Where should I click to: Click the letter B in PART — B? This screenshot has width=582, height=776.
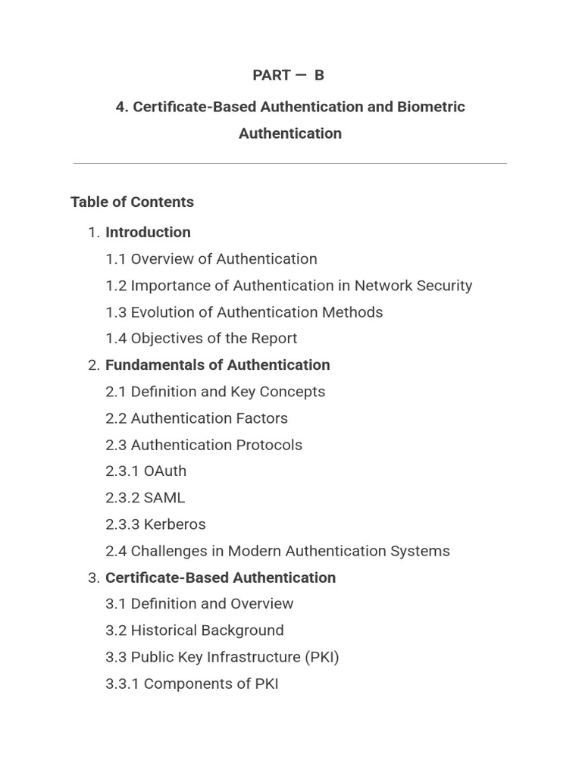click(x=319, y=75)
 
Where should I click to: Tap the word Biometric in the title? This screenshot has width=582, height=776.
click(x=430, y=107)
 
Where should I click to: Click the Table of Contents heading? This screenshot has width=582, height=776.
click(x=132, y=202)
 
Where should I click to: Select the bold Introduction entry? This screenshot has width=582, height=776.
click(x=148, y=232)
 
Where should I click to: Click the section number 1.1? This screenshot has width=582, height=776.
click(x=116, y=259)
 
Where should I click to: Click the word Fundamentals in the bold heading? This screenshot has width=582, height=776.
click(x=155, y=365)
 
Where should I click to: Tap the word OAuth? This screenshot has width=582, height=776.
click(x=165, y=471)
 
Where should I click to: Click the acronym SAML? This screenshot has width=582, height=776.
click(x=164, y=498)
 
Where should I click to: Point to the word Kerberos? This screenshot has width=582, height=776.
click(x=174, y=524)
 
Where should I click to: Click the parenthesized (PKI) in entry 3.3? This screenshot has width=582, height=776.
click(x=322, y=657)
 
